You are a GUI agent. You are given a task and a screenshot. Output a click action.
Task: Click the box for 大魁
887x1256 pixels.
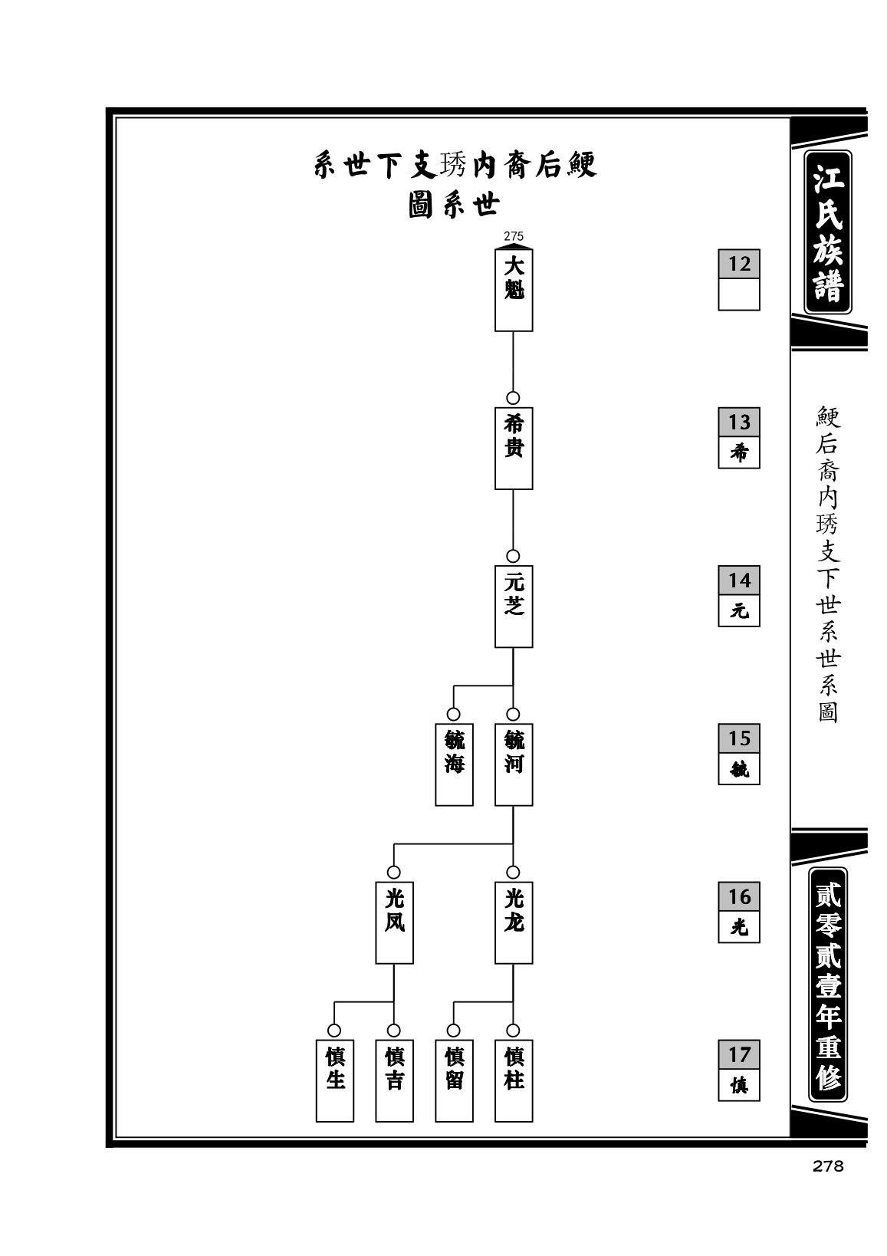(513, 290)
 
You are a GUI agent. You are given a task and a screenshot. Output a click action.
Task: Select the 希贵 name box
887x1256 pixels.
(513, 448)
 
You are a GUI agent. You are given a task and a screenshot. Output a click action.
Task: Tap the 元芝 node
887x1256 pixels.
(513, 606)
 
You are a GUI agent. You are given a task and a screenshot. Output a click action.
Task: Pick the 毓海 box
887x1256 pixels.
(454, 764)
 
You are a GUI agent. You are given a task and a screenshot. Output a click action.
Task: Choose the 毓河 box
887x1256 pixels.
(513, 764)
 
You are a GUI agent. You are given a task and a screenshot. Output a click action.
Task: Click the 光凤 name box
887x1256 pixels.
(394, 922)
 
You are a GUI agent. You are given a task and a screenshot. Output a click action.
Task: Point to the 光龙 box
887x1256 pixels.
(513, 922)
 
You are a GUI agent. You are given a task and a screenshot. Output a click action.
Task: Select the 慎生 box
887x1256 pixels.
(335, 1080)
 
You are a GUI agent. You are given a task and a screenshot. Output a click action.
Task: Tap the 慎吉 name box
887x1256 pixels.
(394, 1080)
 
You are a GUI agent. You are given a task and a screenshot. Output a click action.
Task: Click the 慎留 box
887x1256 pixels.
(454, 1080)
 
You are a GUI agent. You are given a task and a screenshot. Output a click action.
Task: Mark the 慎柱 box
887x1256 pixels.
(513, 1080)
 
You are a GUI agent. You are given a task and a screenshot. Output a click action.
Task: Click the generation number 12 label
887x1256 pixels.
(738, 264)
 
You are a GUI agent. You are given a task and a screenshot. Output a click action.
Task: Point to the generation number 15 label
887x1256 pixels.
(738, 738)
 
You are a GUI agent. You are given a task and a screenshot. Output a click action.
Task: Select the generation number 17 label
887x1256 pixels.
(738, 1054)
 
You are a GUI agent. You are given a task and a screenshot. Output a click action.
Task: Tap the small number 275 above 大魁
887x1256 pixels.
(513, 236)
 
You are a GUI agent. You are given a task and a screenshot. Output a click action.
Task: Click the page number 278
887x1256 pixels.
(827, 1166)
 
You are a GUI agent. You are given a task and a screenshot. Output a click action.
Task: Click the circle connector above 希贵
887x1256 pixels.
(512, 398)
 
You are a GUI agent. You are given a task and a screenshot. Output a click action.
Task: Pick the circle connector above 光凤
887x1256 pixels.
(393, 873)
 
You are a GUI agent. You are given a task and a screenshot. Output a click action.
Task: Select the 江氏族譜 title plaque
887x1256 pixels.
(827, 232)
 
